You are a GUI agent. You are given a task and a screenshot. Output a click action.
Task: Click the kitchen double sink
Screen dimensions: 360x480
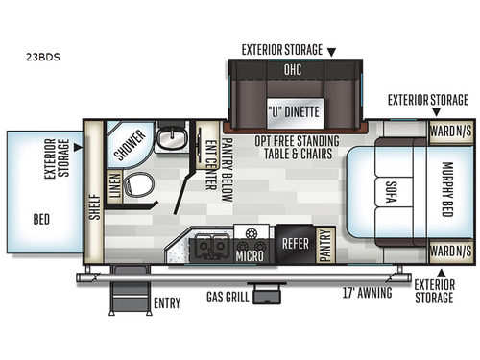click(209, 247)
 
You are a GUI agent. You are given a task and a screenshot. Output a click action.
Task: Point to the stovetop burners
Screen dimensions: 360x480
click(250, 235)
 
